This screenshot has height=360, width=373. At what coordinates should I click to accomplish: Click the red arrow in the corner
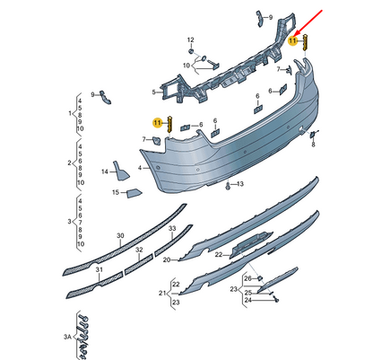point(309,22)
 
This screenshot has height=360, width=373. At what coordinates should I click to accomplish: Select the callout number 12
point(191,40)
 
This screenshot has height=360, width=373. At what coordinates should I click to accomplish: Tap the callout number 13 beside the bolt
point(240,184)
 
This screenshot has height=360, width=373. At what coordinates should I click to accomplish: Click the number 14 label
point(105,171)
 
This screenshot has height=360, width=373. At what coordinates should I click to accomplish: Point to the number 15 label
point(116,192)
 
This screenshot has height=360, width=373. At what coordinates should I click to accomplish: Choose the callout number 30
point(120,236)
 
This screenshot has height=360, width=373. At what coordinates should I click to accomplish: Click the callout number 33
point(172,229)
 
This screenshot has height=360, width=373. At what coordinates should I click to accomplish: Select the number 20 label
point(167,260)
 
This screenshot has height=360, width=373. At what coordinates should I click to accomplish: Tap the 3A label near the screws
point(67,337)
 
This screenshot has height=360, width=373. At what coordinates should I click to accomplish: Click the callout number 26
point(248,278)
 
